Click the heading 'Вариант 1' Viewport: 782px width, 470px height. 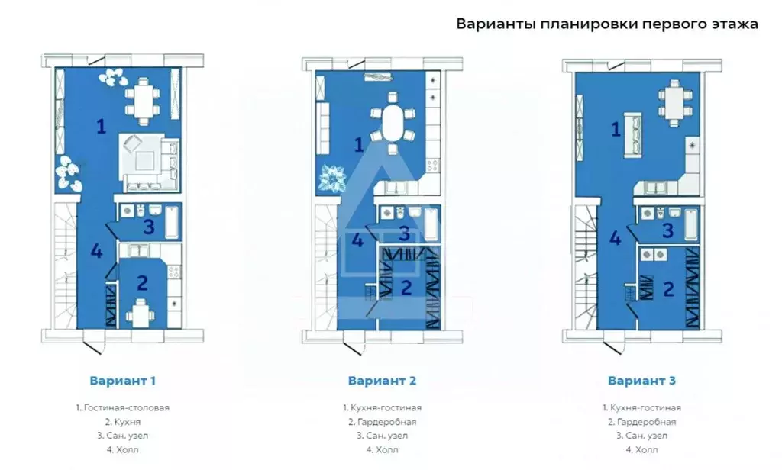123,379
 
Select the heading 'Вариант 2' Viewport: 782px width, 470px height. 382,379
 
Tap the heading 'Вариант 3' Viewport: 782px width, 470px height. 641,379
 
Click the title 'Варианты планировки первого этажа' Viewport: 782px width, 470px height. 607,24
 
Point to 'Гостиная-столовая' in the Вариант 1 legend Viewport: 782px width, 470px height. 123,407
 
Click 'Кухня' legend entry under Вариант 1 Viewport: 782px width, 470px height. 123,421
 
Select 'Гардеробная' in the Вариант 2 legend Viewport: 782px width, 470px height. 382,421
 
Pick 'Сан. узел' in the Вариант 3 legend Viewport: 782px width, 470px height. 641,436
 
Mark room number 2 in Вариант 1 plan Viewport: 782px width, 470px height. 142,282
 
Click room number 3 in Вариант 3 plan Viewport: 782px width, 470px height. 667,230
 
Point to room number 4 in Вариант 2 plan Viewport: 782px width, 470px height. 357,241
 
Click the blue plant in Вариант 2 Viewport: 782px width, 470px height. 334,178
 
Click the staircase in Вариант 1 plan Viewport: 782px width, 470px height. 65,263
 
